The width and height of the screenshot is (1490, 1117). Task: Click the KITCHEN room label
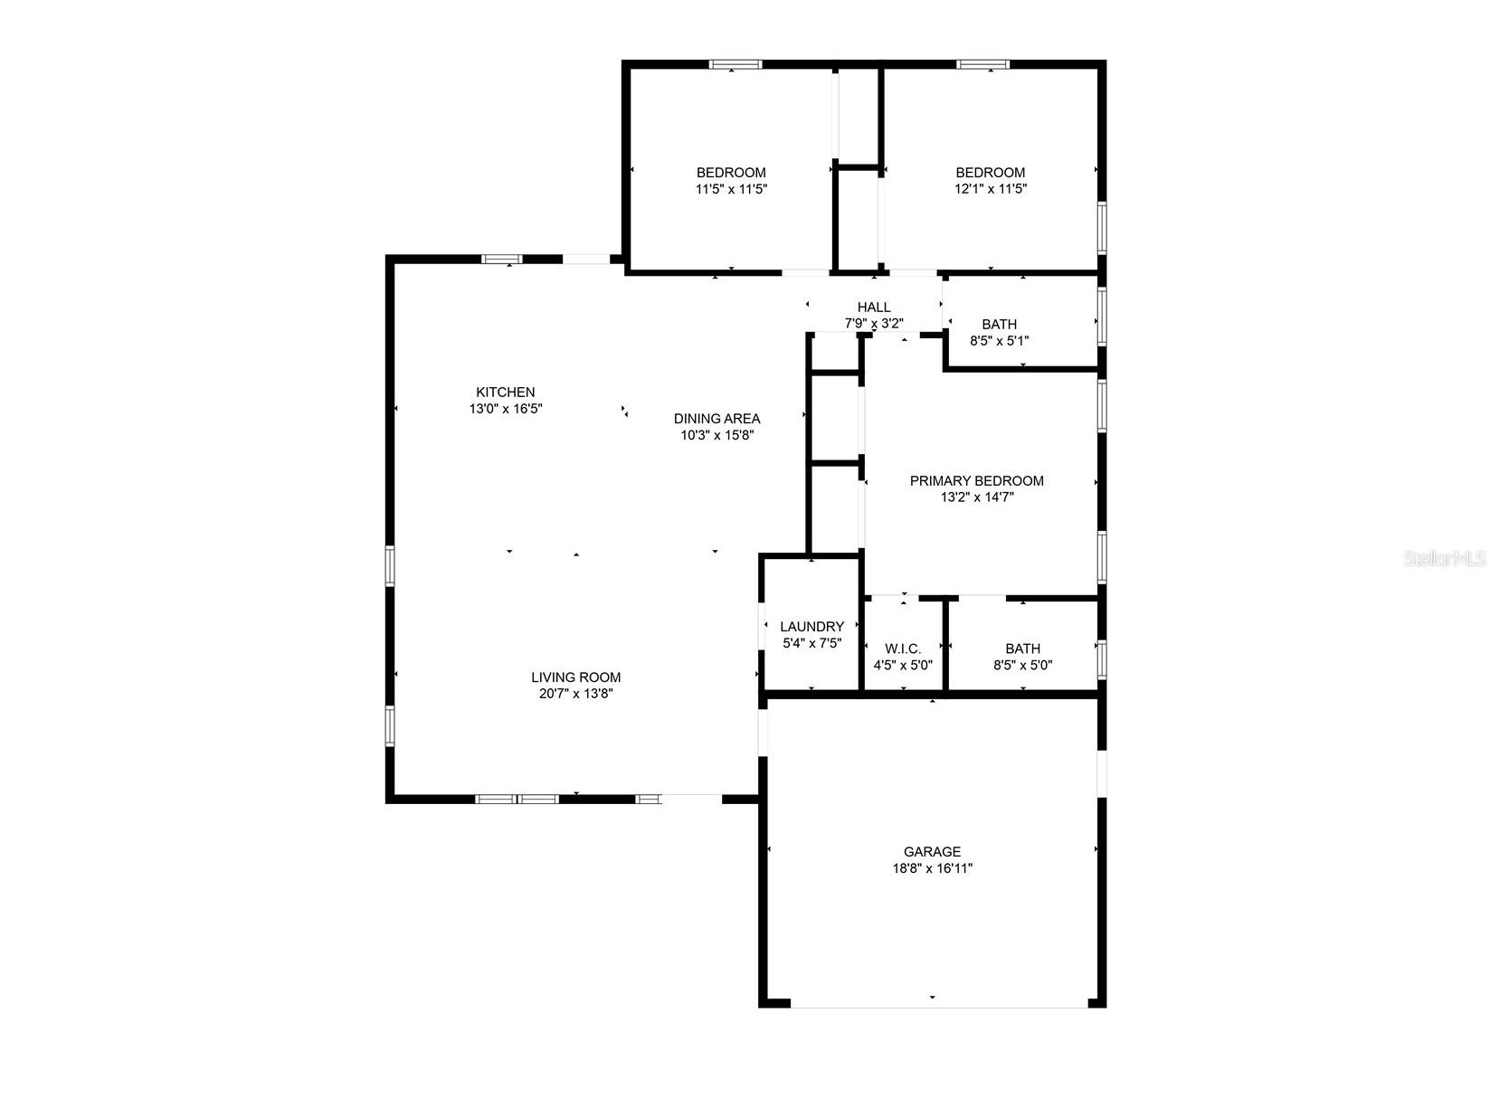[x=506, y=392]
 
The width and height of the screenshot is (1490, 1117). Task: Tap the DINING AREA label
[x=717, y=418]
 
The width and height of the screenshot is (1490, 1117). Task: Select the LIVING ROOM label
[x=575, y=677]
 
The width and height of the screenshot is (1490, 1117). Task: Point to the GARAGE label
[x=932, y=851]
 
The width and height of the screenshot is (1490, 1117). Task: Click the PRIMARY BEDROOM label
[x=976, y=480]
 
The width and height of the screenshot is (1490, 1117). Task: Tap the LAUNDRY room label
[x=811, y=626]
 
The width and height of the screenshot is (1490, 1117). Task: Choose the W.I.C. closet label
[x=903, y=648]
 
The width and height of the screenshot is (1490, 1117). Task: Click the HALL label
[x=874, y=307]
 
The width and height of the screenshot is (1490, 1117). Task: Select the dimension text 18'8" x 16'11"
[x=932, y=868]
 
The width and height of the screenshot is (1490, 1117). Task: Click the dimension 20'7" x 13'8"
[x=575, y=694]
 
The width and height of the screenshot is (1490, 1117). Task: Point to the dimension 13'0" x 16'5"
[x=506, y=409]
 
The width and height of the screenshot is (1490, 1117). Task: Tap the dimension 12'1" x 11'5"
[x=991, y=189]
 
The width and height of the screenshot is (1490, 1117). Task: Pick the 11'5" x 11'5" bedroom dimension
[x=731, y=189]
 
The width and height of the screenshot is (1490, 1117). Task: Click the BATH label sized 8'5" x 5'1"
[x=999, y=324]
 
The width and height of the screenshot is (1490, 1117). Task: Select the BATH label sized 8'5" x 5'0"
[x=1022, y=648]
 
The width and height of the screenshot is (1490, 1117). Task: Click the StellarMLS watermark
[x=1445, y=559]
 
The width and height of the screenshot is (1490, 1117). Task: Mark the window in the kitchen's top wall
[x=502, y=259]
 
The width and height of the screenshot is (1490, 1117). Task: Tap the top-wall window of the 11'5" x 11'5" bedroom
[x=735, y=64]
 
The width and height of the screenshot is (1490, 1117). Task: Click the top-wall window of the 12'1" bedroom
[x=983, y=64]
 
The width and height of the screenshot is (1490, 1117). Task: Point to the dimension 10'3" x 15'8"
[x=717, y=435]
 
